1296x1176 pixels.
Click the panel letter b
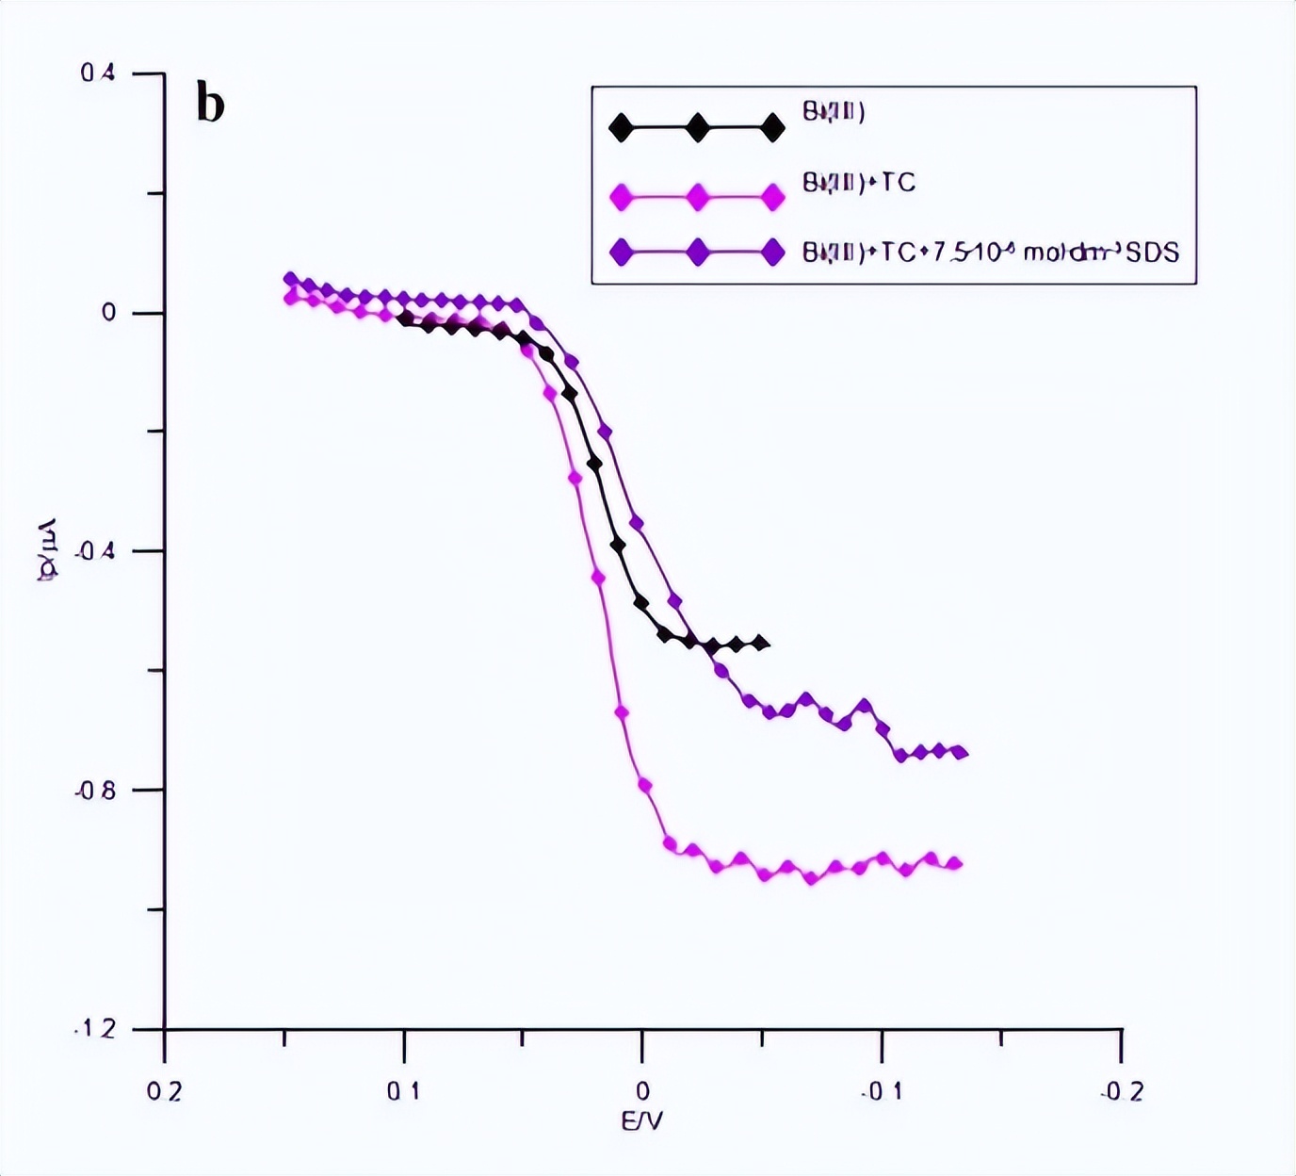[210, 104]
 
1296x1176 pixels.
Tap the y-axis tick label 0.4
[98, 73]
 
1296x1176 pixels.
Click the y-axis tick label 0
[108, 313]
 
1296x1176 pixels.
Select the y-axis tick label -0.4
[95, 550]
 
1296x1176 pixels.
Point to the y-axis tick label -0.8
[95, 790]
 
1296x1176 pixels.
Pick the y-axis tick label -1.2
[95, 1028]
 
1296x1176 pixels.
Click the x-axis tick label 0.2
[164, 1091]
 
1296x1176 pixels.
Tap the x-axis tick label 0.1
[403, 1091]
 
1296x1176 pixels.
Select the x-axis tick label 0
[642, 1091]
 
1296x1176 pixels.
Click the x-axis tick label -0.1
[882, 1091]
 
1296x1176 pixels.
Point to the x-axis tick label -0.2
[1121, 1091]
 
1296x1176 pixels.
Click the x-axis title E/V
[642, 1121]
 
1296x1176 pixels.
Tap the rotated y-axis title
[47, 550]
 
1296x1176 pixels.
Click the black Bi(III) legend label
[834, 112]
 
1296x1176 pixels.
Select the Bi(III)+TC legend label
[859, 183]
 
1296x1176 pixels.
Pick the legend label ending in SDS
[991, 253]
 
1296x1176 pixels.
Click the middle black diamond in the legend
[697, 127]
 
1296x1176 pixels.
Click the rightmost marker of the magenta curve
[955, 863]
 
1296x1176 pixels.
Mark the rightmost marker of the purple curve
[960, 752]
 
